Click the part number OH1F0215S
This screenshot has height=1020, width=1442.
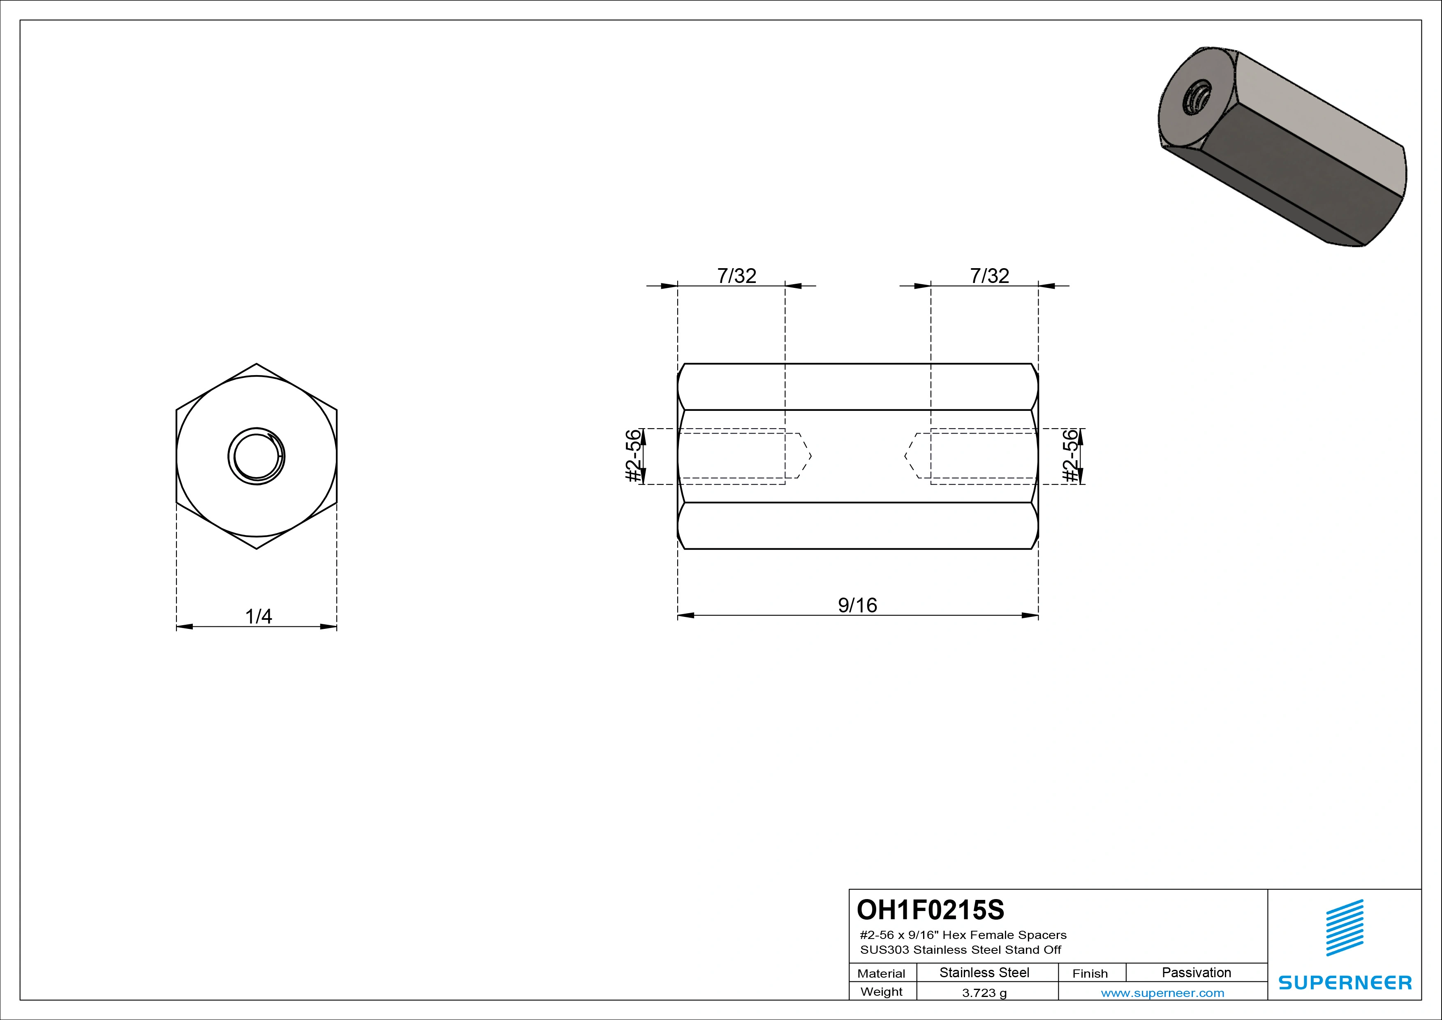[930, 909]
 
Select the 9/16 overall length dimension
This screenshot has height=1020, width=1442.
[857, 605]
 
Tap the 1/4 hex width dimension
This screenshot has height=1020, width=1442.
[258, 616]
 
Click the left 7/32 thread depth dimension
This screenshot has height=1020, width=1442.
[737, 276]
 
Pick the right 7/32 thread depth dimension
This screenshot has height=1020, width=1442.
[990, 276]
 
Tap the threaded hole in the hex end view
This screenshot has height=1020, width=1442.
[256, 457]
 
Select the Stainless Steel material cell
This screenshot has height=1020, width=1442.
[984, 972]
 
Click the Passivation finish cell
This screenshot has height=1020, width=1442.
[1197, 972]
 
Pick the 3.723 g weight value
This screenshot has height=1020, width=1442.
[984, 993]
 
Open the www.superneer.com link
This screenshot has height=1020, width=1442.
[1162, 993]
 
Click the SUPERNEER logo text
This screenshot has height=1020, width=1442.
[1345, 982]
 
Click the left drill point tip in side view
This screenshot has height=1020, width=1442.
[811, 456]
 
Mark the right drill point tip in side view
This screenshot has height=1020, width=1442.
[905, 456]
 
